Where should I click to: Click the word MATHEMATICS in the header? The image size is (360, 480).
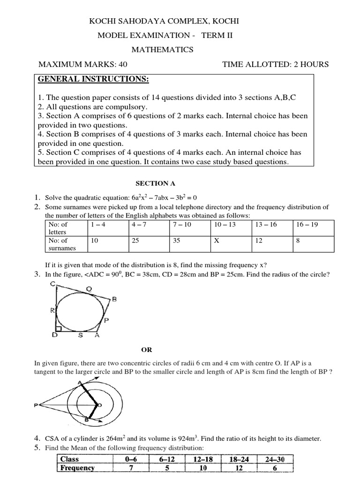point(162,50)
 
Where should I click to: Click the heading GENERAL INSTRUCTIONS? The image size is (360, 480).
point(93,79)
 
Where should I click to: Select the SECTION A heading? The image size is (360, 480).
point(152,183)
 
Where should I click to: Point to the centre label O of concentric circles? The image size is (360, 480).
point(99,405)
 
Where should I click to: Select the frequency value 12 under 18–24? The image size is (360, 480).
point(240,468)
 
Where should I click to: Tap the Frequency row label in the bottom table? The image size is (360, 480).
point(76,468)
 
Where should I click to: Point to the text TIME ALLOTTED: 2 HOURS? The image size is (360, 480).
point(275,64)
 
